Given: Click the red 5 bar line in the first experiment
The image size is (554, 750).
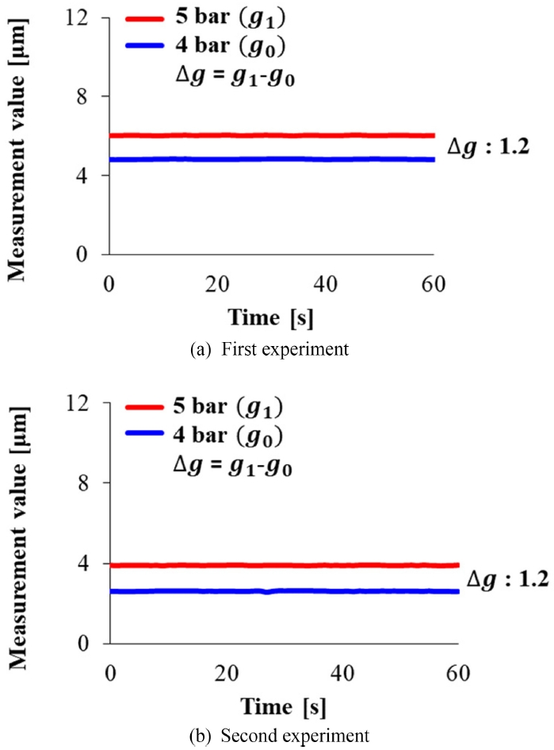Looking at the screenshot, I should pos(269,136).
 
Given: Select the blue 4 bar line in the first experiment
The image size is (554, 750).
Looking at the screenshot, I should pos(269,159).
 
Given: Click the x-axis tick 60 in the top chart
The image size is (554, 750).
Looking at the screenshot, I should pos(435,283).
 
